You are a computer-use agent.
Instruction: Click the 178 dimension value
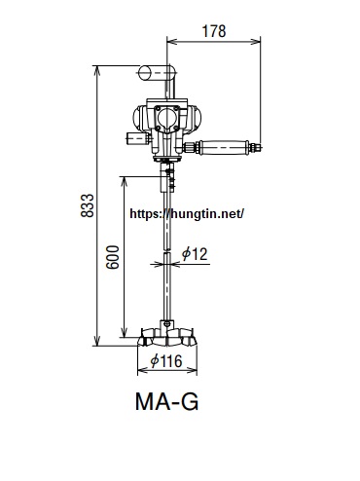coord(214,31)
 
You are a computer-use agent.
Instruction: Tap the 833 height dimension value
coord(87,205)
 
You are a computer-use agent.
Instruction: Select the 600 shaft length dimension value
coord(113,257)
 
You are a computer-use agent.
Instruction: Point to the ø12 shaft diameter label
coord(195,253)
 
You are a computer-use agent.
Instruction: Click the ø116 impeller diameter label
coord(166,360)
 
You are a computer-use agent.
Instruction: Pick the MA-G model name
coord(166,401)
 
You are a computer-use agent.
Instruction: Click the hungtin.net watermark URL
coord(187,213)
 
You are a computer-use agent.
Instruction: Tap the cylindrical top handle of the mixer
coord(157,73)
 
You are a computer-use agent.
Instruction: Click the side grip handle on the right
coord(224,148)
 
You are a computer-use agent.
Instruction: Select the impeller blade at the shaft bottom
coord(167,338)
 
